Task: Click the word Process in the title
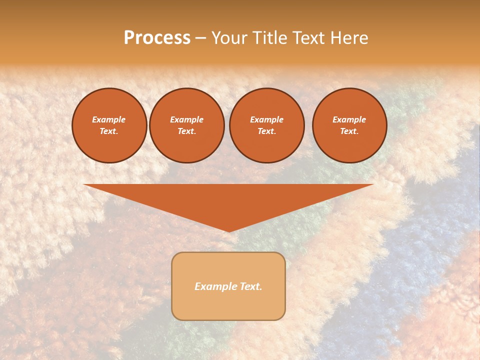pos(157,38)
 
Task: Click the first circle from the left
pos(109,125)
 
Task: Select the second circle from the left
pos(187,125)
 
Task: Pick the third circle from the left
pos(267,125)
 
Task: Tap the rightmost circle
pos(349,125)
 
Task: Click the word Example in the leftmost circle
pos(109,120)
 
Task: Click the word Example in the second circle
pos(186,120)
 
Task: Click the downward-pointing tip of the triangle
pos(229,230)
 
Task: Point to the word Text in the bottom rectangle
pos(250,286)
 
